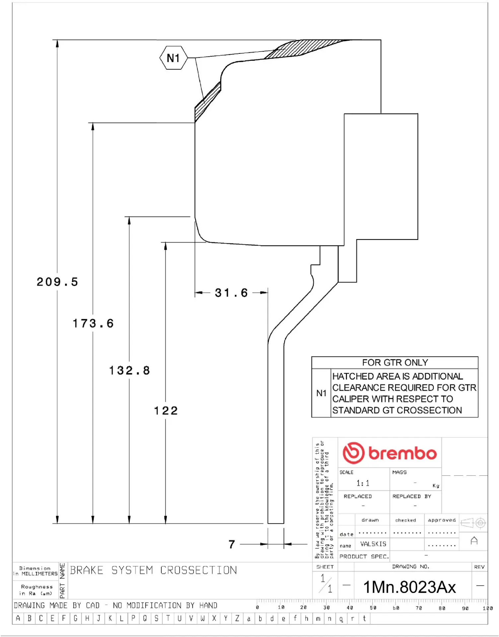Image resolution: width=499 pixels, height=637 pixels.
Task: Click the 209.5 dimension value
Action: click(57, 282)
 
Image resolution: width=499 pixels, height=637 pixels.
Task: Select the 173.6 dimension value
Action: click(93, 323)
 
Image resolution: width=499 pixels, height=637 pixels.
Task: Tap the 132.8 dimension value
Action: click(129, 371)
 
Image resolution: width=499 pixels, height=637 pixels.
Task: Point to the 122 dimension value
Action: click(166, 411)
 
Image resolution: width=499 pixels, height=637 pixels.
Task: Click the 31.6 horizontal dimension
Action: click(231, 293)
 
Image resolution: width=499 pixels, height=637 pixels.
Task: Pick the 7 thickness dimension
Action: click(232, 544)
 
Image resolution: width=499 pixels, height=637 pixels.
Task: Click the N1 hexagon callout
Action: click(173, 58)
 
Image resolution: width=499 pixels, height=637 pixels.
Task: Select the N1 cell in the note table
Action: click(321, 393)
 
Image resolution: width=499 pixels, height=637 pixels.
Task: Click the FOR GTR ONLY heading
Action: click(395, 363)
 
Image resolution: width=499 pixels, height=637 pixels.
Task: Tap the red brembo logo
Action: click(390, 453)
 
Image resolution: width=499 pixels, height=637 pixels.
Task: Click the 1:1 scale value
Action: click(363, 483)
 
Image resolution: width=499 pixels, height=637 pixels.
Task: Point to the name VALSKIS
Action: click(373, 544)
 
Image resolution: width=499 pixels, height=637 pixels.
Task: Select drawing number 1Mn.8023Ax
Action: click(409, 587)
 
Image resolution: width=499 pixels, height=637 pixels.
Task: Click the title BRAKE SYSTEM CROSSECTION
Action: click(153, 570)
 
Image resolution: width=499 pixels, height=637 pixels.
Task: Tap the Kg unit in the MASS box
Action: click(436, 486)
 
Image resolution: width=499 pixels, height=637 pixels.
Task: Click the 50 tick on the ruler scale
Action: click(373, 608)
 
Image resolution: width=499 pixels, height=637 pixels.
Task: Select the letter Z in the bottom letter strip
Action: click(237, 618)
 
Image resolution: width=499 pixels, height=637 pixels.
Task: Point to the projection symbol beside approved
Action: click(473, 523)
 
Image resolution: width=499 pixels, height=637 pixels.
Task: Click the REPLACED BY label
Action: click(411, 496)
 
